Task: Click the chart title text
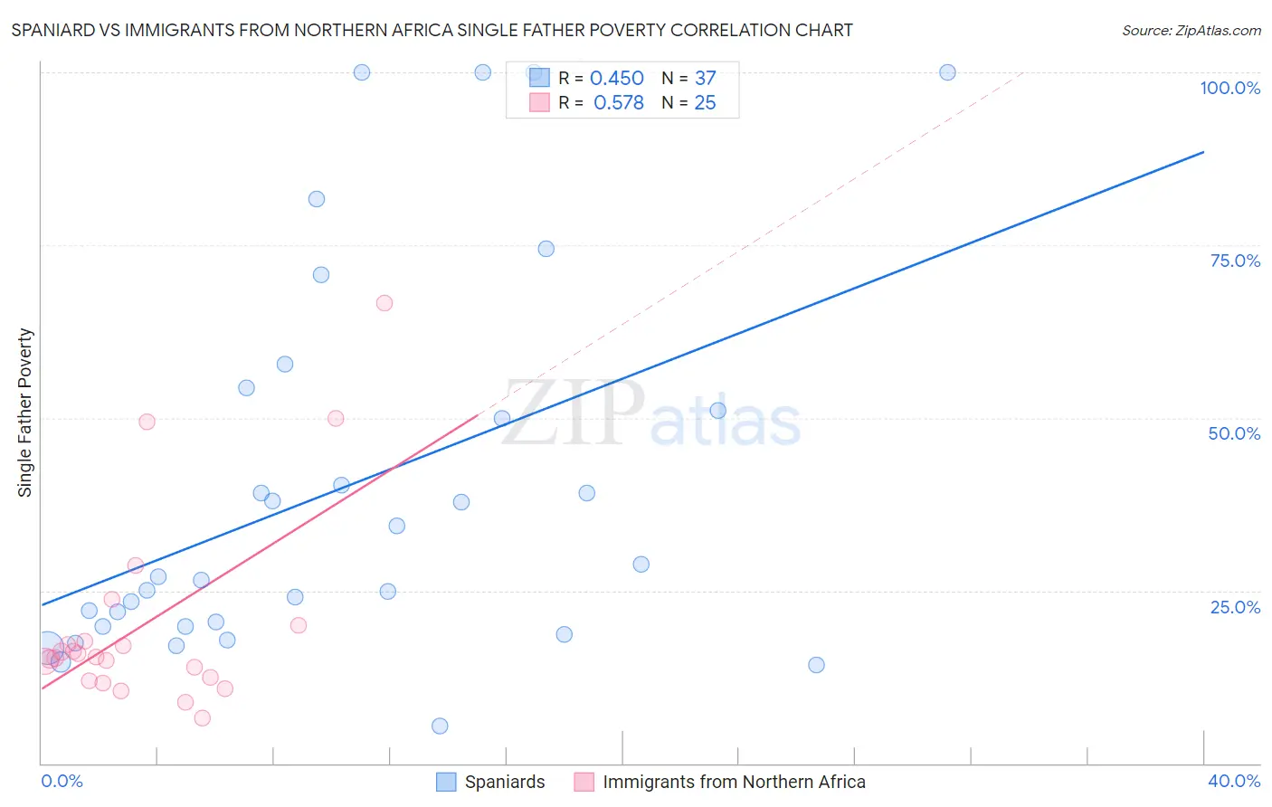(x=432, y=30)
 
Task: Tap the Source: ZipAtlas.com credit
(x=1191, y=30)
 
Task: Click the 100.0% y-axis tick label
(x=1229, y=88)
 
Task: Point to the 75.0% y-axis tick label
(x=1235, y=261)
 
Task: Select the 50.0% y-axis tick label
(x=1234, y=433)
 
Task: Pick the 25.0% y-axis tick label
(x=1235, y=606)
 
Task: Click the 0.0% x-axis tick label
(x=62, y=781)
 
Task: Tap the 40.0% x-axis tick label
(x=1233, y=781)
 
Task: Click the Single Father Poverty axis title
(x=25, y=413)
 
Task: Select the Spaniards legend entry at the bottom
(x=491, y=782)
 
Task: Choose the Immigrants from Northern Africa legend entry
(x=720, y=782)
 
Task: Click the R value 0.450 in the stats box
(x=616, y=79)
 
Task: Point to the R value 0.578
(x=618, y=103)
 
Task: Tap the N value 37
(x=705, y=79)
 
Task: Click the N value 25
(x=705, y=103)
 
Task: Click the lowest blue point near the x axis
(x=440, y=726)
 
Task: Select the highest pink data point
(x=384, y=303)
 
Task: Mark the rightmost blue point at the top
(x=947, y=72)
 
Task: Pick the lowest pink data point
(x=203, y=718)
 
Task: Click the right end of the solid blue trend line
(x=1203, y=152)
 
